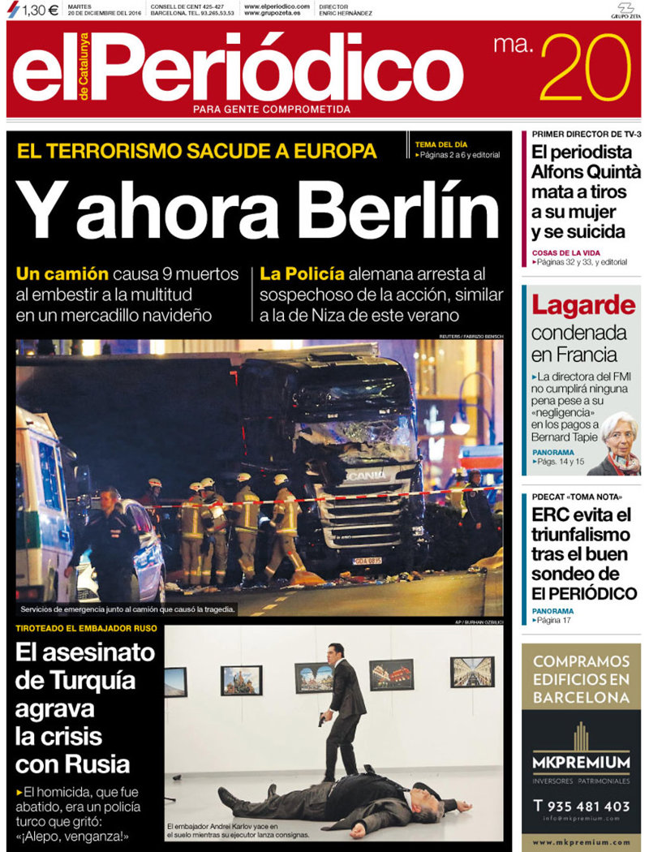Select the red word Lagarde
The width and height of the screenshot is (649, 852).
point(583,306)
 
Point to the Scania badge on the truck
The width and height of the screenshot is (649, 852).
point(367,475)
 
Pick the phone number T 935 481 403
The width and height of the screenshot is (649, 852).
point(581,806)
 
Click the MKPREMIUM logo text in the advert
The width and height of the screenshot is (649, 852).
point(581,763)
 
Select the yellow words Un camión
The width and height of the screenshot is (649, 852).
point(62,273)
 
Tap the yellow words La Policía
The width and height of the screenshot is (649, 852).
point(303,273)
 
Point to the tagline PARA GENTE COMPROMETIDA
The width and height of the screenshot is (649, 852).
point(272,109)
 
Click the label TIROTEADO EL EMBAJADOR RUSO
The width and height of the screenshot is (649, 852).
point(87,629)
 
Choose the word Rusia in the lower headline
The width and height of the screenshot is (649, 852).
point(96,764)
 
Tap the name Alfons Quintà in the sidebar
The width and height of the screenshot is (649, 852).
point(586,171)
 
